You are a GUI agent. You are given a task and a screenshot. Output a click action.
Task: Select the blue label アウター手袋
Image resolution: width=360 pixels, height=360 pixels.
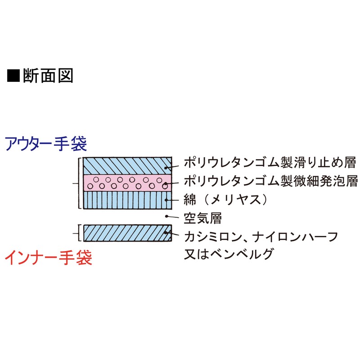point(45,144)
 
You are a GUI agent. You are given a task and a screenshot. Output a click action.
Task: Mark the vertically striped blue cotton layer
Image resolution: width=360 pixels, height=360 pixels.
point(126,200)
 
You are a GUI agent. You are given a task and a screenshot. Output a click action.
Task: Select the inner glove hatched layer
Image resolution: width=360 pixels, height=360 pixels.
point(126,233)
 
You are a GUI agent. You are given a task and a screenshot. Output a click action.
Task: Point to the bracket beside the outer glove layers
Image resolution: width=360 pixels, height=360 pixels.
point(80,184)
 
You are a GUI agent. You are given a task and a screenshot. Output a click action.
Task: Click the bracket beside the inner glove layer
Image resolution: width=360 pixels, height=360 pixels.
point(79,233)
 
